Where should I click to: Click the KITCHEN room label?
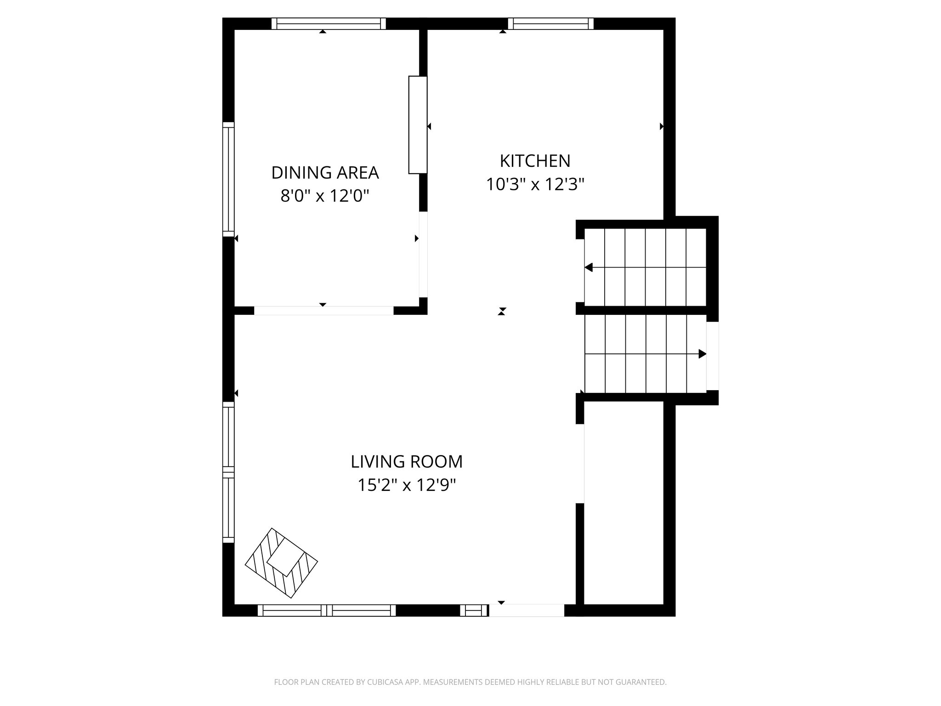535,161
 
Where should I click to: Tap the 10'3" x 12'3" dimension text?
535,185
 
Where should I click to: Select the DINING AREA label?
325,173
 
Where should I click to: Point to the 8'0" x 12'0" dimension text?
325,197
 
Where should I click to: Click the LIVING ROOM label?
407,461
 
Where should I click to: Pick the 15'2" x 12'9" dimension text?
407,485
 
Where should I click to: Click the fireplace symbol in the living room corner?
282,563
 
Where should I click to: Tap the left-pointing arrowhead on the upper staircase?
589,268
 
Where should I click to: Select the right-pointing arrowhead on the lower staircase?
702,354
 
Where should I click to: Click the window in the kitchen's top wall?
551,23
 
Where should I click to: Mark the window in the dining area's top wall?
329,23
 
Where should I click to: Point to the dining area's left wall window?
228,180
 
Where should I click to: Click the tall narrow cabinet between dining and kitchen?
418,125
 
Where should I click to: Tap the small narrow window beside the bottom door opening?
474,610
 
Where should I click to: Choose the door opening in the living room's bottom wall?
527,610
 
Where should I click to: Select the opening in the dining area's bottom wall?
324,311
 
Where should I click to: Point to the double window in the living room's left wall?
228,472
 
